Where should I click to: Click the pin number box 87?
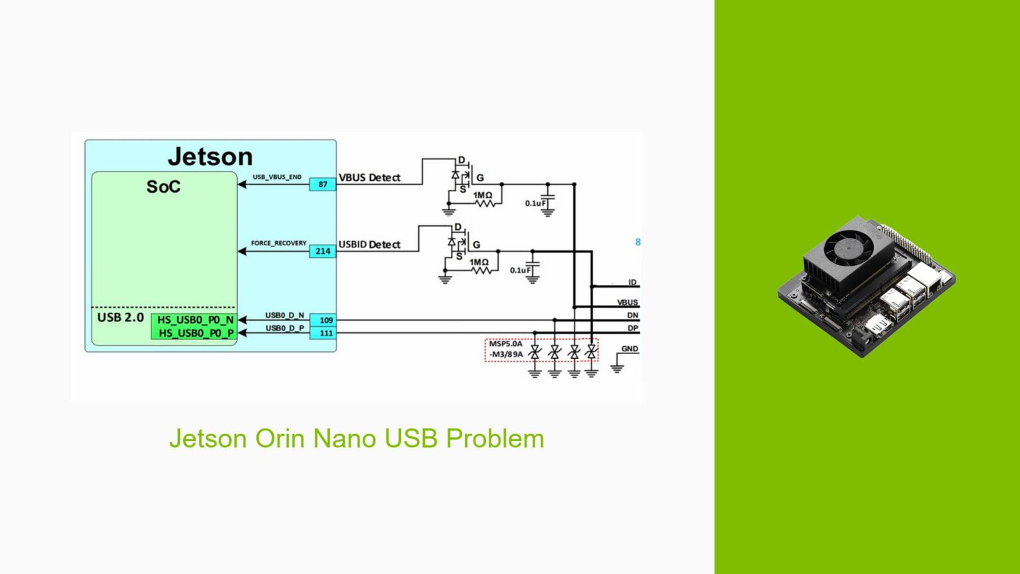323,184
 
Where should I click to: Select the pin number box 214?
323,251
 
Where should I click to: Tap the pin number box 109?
325,320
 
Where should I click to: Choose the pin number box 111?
325,333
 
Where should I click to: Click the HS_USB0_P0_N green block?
195,320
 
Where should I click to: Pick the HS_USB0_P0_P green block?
195,333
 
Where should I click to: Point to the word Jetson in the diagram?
210,157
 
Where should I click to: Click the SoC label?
163,187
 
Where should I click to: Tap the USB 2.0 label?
120,318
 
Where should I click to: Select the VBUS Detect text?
369,178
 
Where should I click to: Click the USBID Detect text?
369,244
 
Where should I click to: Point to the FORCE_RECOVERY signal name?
278,243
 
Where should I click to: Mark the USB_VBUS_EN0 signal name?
277,177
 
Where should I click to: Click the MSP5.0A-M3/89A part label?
506,349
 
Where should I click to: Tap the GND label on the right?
629,349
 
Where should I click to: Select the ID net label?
632,282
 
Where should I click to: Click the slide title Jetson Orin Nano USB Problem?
357,438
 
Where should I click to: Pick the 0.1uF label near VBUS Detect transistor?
535,203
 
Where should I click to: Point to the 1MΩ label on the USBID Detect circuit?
479,262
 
